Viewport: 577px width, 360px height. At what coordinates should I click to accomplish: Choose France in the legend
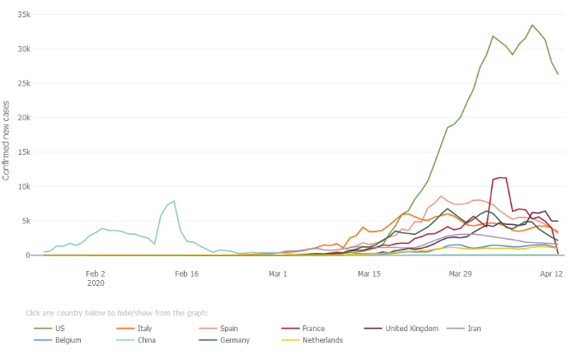point(326,327)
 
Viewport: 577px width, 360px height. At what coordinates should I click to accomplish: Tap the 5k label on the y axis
point(26,221)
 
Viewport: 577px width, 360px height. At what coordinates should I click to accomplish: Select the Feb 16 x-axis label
point(187,274)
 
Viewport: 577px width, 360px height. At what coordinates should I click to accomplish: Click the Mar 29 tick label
point(461,274)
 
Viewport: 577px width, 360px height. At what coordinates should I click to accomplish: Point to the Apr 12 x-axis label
point(551,274)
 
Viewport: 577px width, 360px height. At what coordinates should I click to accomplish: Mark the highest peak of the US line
point(532,25)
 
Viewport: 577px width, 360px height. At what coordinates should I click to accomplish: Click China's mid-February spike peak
point(174,201)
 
